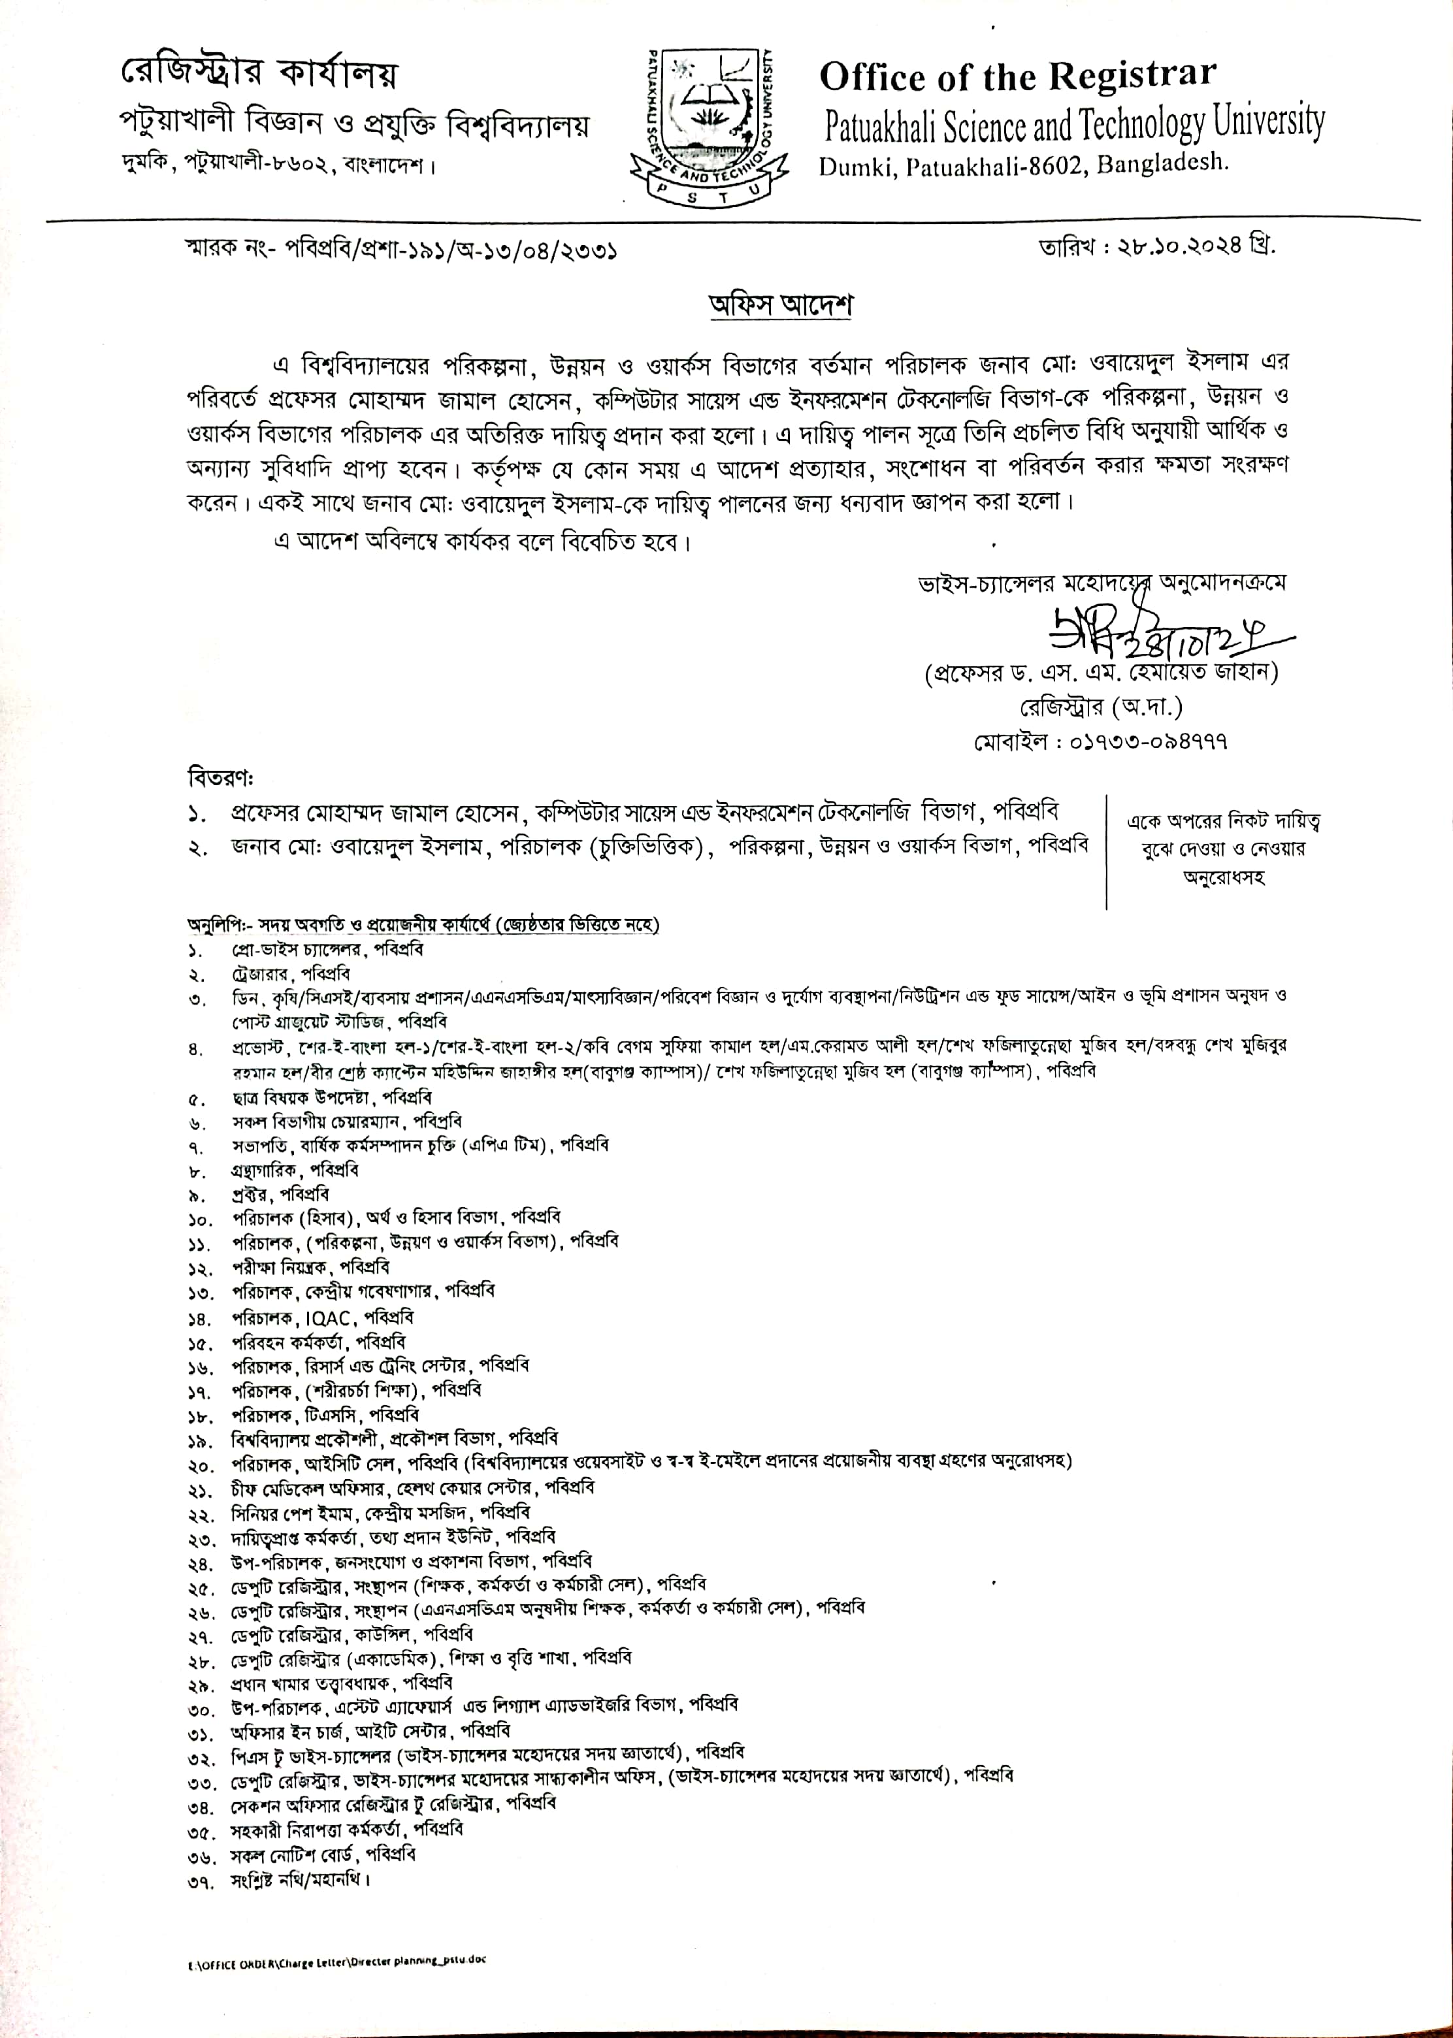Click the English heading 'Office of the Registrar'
1018,77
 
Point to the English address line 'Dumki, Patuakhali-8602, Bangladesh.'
1025,165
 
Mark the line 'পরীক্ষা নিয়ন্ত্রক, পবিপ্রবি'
310,1267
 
